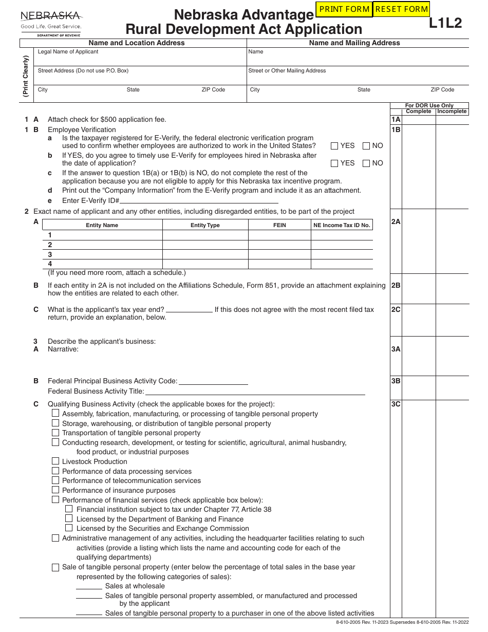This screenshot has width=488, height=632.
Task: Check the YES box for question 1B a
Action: (334, 146)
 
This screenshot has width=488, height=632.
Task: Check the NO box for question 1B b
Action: (366, 163)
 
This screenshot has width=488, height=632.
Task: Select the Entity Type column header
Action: (205, 225)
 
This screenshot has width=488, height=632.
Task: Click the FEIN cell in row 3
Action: (279, 254)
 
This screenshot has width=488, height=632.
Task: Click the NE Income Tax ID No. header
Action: (342, 225)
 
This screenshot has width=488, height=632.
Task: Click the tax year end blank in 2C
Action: (189, 309)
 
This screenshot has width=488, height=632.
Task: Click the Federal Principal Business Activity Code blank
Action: (213, 381)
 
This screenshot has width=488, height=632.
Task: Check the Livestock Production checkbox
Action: (55, 461)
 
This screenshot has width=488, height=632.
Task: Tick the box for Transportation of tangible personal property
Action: (55, 433)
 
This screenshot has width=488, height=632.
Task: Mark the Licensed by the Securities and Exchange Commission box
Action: (69, 528)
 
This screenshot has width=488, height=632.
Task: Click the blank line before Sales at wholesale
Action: (89, 586)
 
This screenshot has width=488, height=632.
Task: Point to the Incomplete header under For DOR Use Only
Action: (452, 111)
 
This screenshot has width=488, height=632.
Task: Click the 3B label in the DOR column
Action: (396, 381)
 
